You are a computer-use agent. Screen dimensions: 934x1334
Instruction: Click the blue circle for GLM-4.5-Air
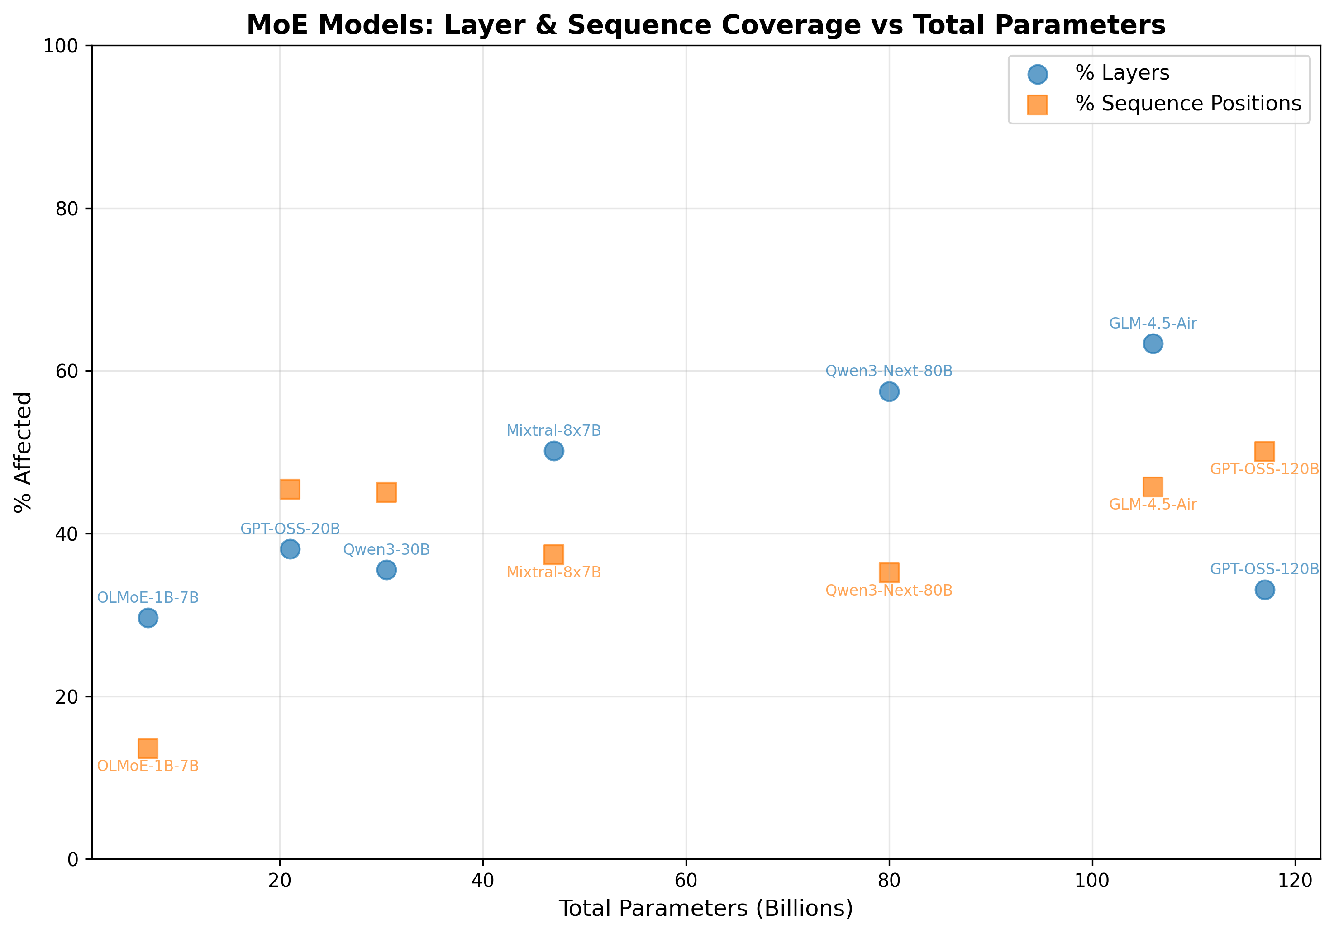pos(1153,344)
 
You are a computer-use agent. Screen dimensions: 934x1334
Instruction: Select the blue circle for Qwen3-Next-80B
pos(889,391)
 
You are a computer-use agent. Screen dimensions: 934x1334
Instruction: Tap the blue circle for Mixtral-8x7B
pos(554,451)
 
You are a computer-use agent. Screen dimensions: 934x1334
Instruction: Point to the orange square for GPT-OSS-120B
pos(1264,451)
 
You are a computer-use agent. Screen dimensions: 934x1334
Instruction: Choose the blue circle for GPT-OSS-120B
pos(1264,590)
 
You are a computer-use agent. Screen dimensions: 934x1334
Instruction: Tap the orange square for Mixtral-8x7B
pos(554,554)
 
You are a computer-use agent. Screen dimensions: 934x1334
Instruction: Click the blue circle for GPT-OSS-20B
pos(290,548)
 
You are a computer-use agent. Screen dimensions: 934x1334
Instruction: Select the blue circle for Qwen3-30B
pos(386,570)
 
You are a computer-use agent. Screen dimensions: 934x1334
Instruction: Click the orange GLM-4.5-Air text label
pos(1153,504)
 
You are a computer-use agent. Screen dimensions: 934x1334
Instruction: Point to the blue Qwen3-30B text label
pos(386,549)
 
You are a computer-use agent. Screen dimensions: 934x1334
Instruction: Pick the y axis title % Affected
pos(23,452)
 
